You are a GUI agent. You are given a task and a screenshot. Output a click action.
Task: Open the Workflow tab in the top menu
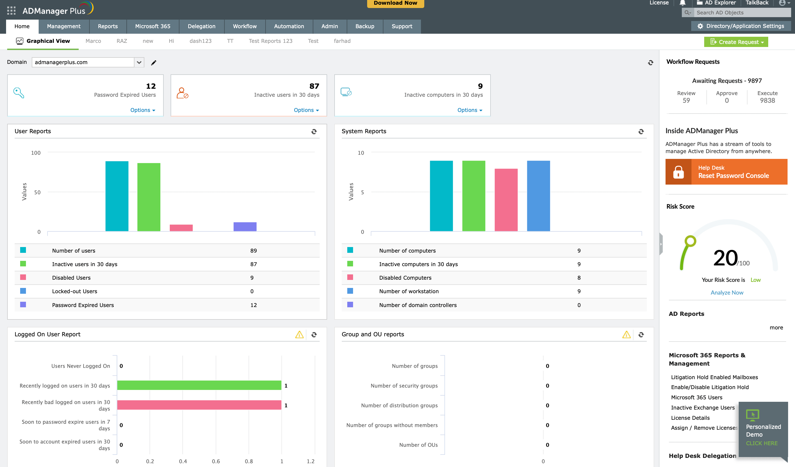point(245,26)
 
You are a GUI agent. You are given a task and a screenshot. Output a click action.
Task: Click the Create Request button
point(736,42)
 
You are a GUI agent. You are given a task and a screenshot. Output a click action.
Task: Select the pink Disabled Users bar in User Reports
point(181,228)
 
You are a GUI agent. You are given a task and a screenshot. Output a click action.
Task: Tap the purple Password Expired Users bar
point(245,226)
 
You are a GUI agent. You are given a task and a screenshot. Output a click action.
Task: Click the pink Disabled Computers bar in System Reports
point(506,200)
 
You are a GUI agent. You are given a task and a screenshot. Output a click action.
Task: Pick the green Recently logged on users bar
point(199,385)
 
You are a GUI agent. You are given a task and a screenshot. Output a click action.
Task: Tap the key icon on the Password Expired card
point(18,93)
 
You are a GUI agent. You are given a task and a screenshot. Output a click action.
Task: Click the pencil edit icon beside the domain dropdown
point(154,62)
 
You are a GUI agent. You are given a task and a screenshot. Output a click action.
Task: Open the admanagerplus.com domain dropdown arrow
point(139,62)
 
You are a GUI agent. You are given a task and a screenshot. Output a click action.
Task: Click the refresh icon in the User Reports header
point(314,131)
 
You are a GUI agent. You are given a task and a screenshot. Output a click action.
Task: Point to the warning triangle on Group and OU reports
point(626,334)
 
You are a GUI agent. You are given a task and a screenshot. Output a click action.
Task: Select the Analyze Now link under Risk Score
point(727,292)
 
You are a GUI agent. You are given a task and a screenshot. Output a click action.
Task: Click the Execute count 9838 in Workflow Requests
point(767,100)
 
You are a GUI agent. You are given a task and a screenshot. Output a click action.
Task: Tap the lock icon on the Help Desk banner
point(678,172)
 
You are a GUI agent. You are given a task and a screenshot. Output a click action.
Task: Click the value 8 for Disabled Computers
point(579,277)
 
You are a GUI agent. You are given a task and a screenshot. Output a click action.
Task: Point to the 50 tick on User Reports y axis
point(37,192)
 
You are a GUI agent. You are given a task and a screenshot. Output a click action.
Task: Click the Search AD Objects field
point(741,13)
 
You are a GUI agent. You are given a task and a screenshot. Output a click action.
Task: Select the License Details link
point(690,418)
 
